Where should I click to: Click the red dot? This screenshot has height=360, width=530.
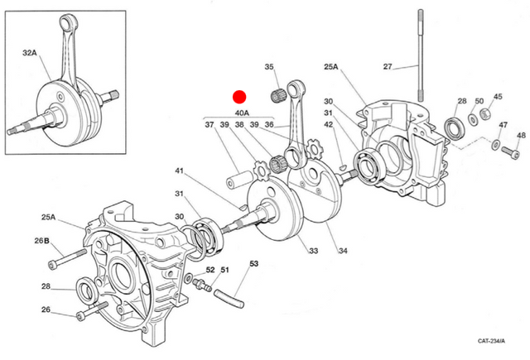click(239, 97)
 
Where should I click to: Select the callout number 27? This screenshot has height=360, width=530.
click(388, 66)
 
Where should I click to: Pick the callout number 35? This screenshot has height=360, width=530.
click(269, 67)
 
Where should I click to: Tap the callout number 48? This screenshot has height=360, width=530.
click(520, 136)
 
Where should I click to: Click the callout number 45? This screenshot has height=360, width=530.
click(498, 97)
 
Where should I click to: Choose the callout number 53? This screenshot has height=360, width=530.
click(254, 264)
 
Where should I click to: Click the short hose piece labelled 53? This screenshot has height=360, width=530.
click(226, 291)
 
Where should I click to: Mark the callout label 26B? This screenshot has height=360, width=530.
click(42, 241)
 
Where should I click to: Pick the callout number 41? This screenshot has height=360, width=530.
click(178, 171)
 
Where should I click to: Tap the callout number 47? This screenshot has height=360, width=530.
click(503, 125)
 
